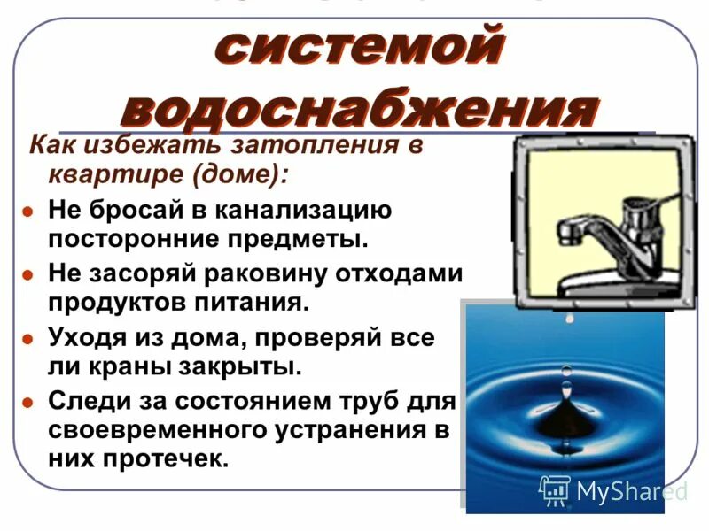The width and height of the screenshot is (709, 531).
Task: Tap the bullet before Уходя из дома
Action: pos(28,338)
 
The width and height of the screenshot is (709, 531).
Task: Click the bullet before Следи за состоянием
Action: pos(28,401)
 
